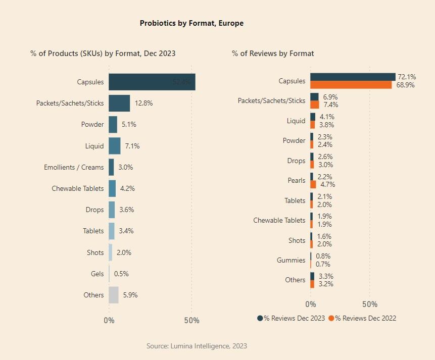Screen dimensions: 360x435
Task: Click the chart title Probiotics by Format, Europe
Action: click(191, 23)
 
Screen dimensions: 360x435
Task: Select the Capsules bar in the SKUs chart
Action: click(152, 82)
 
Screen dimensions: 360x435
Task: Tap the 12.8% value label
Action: click(143, 103)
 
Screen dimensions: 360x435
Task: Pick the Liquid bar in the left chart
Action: click(115, 146)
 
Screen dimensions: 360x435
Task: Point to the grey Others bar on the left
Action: click(114, 295)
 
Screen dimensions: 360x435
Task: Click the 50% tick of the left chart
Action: click(191, 321)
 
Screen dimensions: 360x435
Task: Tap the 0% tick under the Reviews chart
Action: click(311, 304)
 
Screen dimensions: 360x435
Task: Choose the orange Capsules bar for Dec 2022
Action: click(351, 85)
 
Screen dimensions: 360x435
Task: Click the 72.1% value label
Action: click(407, 77)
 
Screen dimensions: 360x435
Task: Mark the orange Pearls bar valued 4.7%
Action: click(313, 184)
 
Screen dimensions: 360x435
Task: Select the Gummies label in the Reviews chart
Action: click(291, 261)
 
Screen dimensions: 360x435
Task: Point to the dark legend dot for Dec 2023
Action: click(260, 318)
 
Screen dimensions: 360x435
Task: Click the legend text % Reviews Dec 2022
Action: click(366, 318)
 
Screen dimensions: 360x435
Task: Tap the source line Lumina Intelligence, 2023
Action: click(197, 346)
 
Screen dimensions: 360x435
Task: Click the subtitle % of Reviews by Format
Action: click(273, 54)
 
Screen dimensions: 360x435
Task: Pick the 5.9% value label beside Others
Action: click(130, 295)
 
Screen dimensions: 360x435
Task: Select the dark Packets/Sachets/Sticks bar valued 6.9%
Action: click(314, 96)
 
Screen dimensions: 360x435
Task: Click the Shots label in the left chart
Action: click(95, 252)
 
